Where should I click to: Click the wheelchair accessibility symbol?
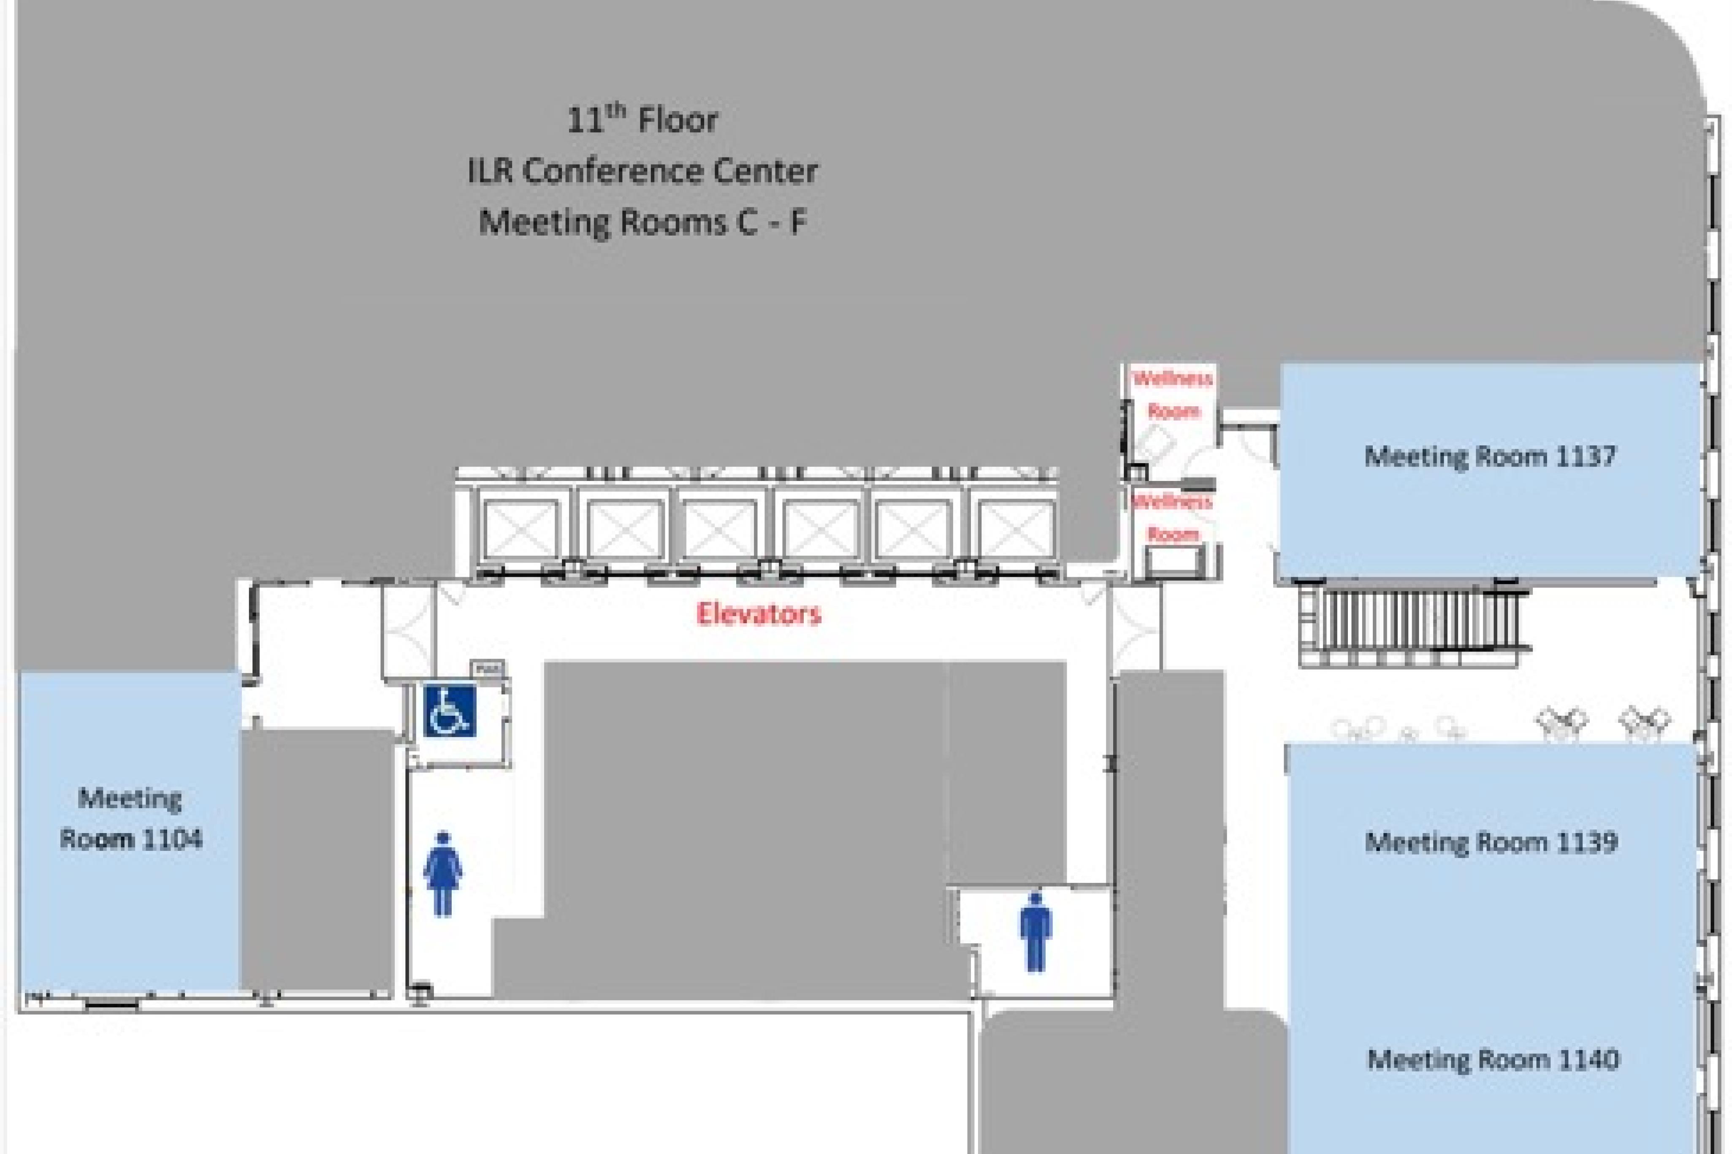pyautogui.click(x=450, y=710)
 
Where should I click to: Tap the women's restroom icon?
pyautogui.click(x=442, y=874)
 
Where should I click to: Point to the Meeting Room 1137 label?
pyautogui.click(x=1490, y=456)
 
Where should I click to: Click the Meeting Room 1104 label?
pyautogui.click(x=130, y=818)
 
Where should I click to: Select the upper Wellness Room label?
pyautogui.click(x=1173, y=394)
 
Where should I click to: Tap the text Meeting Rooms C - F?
pyautogui.click(x=642, y=222)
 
